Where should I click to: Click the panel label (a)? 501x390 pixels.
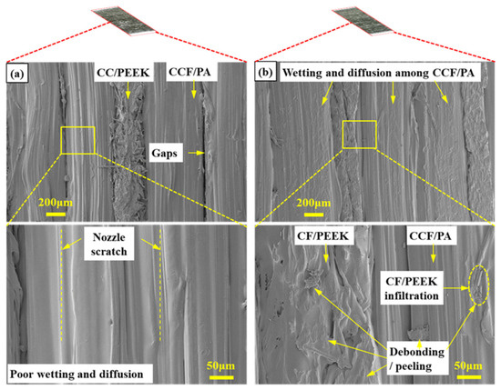click(x=17, y=74)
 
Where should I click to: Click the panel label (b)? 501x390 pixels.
click(x=265, y=73)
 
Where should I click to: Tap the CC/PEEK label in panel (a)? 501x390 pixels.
click(x=123, y=73)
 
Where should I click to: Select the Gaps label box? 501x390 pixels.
click(x=164, y=153)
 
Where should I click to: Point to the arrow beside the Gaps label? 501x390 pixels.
click(x=196, y=153)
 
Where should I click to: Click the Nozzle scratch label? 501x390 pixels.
click(x=109, y=245)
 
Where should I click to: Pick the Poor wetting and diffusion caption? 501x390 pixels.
click(x=77, y=374)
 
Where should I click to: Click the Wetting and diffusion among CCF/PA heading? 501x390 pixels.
click(x=378, y=73)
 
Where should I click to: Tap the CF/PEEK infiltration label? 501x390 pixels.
click(x=412, y=288)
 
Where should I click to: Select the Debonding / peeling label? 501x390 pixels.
click(x=417, y=359)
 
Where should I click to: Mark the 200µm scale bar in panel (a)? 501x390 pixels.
click(x=56, y=214)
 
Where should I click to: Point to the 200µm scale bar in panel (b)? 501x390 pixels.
click(x=313, y=215)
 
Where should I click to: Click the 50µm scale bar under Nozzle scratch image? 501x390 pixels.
click(x=221, y=377)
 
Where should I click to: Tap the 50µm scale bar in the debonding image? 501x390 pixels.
click(x=469, y=377)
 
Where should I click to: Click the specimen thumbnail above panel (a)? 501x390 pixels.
click(x=124, y=22)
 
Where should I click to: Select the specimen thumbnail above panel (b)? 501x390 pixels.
click(x=363, y=22)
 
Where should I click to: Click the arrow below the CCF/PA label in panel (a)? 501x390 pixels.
click(x=193, y=90)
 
